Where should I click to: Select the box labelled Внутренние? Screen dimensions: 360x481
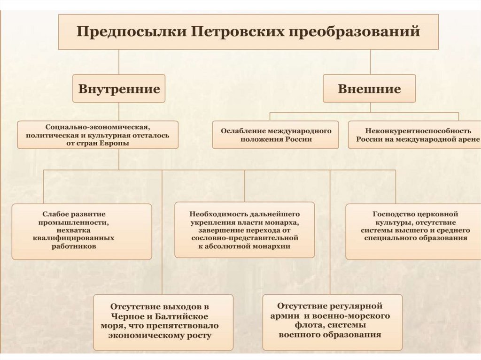pyautogui.click(x=119, y=89)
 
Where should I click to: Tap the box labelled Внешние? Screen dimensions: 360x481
pyautogui.click(x=369, y=89)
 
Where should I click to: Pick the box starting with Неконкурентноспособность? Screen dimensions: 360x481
pyautogui.click(x=414, y=135)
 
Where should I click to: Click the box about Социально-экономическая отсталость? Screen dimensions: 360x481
pyautogui.click(x=98, y=135)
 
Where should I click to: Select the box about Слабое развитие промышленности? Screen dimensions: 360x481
pyautogui.click(x=82, y=231)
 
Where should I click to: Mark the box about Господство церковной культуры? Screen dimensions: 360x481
pyautogui.click(x=414, y=231)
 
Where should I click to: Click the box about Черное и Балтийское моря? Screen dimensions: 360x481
pyautogui.click(x=163, y=322)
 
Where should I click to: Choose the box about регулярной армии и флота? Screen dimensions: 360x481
pyautogui.click(x=332, y=322)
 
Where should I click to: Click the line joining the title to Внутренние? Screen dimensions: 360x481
pyautogui.click(x=119, y=61)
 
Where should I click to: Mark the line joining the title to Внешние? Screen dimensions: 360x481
pyautogui.click(x=370, y=61)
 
